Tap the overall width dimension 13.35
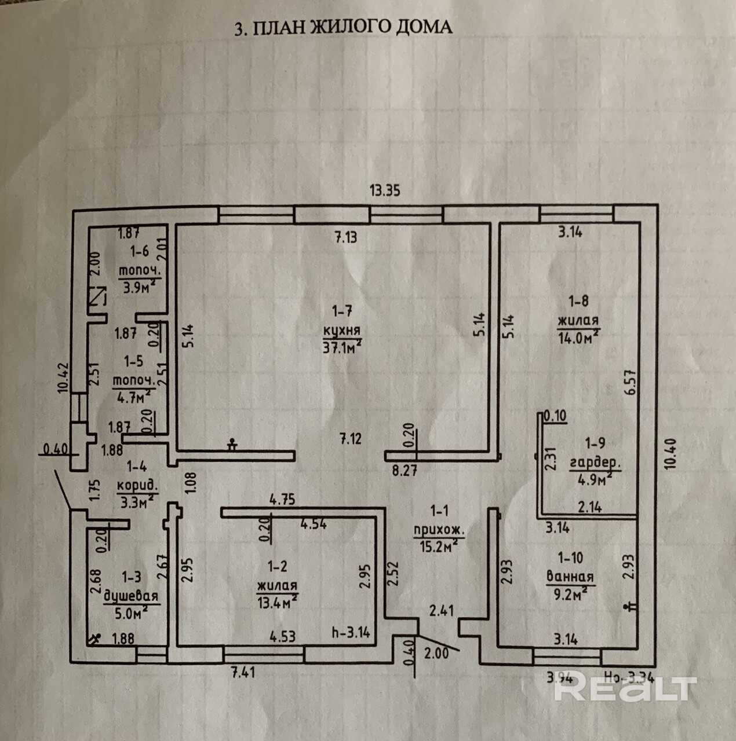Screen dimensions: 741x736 click(385, 190)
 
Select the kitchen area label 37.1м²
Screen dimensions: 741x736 click(342, 346)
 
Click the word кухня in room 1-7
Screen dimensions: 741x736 click(342, 331)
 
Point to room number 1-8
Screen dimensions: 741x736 click(578, 300)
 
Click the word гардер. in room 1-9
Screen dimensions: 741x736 click(595, 463)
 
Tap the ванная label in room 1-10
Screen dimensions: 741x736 click(570, 577)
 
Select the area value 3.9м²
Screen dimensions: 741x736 click(138, 287)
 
